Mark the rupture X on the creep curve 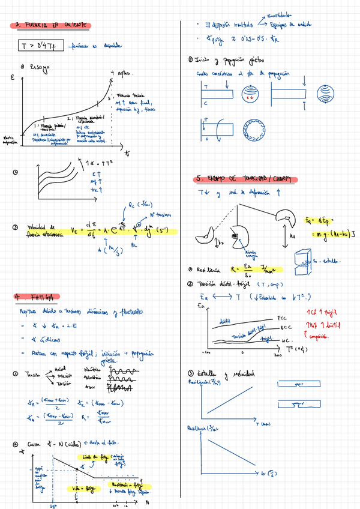112,73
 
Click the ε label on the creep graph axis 13,78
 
